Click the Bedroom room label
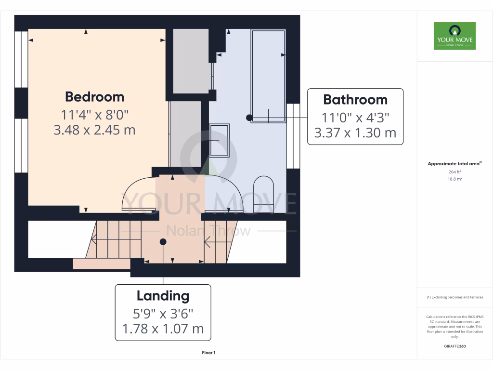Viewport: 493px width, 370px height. [x=94, y=97]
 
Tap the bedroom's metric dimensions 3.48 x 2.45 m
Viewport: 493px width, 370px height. [x=94, y=130]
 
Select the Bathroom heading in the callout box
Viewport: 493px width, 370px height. [x=355, y=100]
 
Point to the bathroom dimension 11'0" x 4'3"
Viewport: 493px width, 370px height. [x=355, y=117]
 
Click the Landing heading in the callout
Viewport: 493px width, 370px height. [x=163, y=296]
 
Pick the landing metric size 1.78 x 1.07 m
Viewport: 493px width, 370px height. [x=163, y=329]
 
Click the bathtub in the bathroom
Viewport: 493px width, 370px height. [x=268, y=76]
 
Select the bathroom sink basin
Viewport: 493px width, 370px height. [x=220, y=140]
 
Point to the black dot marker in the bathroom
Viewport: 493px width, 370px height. [x=249, y=118]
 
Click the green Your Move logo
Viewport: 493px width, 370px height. [x=454, y=36]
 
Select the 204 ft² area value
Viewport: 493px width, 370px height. [x=454, y=172]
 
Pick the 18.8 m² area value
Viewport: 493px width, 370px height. [x=454, y=179]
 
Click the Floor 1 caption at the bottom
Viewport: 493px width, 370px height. [x=208, y=353]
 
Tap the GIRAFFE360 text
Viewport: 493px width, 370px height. [x=455, y=346]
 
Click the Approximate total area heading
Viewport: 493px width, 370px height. [x=454, y=164]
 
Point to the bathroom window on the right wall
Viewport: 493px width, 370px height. [x=293, y=136]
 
